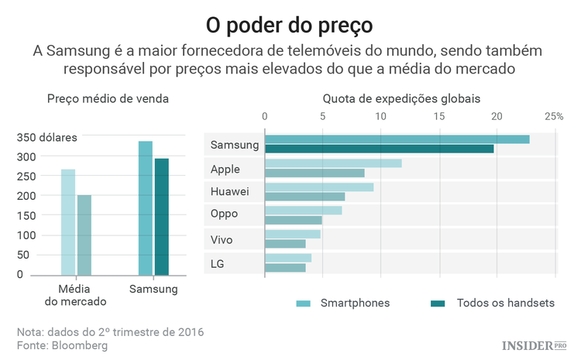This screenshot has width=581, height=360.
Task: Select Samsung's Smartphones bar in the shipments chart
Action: pos(397,139)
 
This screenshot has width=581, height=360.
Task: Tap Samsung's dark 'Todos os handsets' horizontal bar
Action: pos(379,149)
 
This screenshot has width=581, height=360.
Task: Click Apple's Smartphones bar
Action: pos(333,163)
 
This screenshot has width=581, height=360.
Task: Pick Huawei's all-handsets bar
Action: pos(304,197)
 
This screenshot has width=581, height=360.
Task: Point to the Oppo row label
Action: pos(224,214)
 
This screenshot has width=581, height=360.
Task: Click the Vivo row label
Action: pos(222,239)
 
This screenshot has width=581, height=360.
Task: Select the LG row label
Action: pos(218,264)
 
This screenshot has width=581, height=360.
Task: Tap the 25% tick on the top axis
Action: pos(553,117)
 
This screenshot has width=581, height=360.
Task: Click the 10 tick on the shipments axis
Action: pos(380,117)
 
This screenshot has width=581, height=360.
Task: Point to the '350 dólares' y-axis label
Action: pos(47,138)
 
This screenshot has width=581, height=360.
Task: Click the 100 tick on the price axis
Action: pos(26,235)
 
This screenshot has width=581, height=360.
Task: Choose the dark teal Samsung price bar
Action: pos(161,217)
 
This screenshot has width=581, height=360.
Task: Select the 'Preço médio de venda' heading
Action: pos(108,99)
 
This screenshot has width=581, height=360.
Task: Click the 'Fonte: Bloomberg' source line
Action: pos(63,345)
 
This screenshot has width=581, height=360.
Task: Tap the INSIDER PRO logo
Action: pos(535,345)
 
